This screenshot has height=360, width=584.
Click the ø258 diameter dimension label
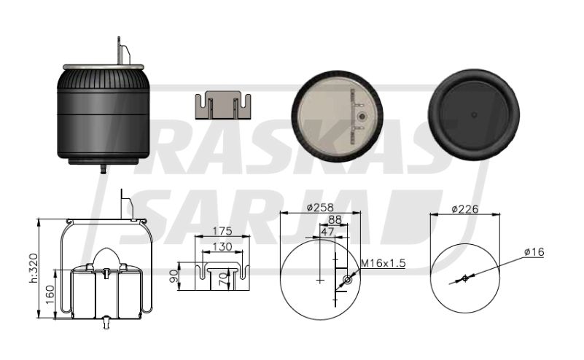(x=320, y=208)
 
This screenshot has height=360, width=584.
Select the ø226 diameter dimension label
(x=465, y=209)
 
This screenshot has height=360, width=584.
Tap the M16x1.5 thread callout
(x=384, y=263)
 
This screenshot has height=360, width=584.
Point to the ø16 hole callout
(x=534, y=252)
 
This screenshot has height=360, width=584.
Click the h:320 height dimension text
(x=34, y=268)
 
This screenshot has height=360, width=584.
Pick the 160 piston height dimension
(x=50, y=294)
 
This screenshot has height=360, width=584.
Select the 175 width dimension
(x=222, y=231)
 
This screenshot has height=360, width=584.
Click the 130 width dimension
(x=222, y=246)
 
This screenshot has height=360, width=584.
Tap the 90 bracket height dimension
(x=174, y=276)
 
